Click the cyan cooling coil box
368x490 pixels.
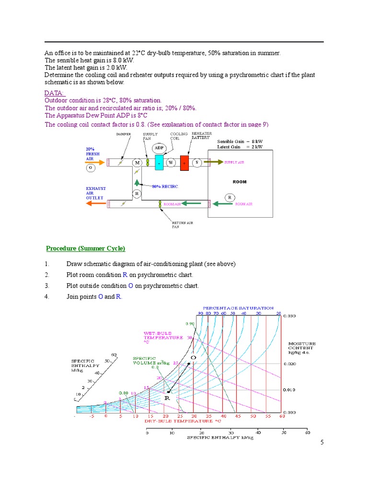[x=159, y=163]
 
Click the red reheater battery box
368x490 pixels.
[x=184, y=163]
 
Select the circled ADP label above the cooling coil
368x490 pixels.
[x=159, y=148]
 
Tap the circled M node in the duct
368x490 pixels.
[x=138, y=163]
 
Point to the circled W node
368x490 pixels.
[x=171, y=163]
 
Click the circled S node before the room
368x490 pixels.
[x=197, y=163]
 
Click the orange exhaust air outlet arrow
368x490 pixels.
[x=96, y=204]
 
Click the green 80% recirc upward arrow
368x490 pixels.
[x=137, y=182]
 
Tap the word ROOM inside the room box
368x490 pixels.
[x=239, y=182]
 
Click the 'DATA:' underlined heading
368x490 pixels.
[x=55, y=93]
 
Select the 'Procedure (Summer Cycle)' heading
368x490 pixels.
[x=85, y=248]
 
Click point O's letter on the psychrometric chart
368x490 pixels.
[x=194, y=357]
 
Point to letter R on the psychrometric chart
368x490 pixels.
[x=167, y=398]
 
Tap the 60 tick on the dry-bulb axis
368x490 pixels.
[x=282, y=416]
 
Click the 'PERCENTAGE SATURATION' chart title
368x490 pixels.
[x=238, y=308]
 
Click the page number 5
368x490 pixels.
[x=322, y=443]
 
